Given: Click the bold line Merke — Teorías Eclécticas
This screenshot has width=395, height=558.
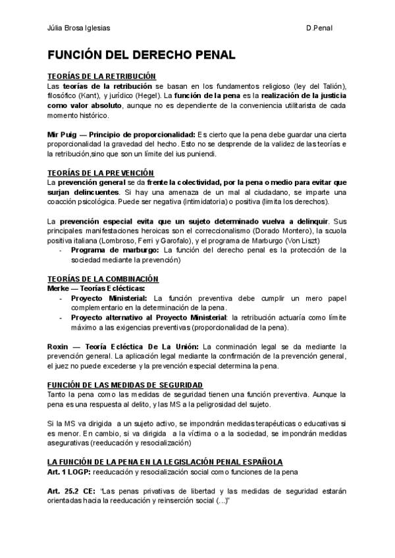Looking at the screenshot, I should click(x=96, y=288).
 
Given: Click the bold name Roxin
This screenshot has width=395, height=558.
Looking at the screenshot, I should click(x=58, y=346).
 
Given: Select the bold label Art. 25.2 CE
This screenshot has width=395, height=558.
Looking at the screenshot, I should click(x=74, y=491).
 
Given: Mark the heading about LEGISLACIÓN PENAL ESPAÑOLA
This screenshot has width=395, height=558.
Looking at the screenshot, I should click(x=165, y=462).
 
